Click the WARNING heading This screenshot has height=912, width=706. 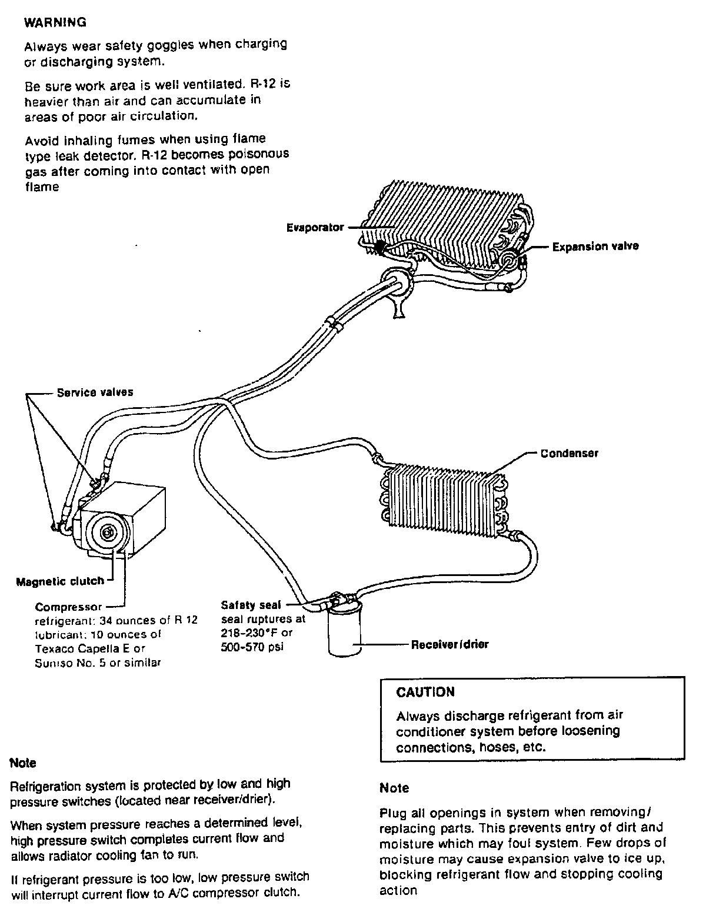[54, 23]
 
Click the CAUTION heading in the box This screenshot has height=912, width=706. [425, 692]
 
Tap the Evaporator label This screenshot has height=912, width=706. [315, 227]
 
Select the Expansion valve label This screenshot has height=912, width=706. [595, 247]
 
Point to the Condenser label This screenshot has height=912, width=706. [569, 454]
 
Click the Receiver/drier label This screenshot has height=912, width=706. [449, 644]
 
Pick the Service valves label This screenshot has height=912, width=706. [95, 392]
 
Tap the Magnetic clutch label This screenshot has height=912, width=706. [60, 581]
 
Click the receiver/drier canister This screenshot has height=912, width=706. [344, 630]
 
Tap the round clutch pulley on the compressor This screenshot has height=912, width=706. [108, 532]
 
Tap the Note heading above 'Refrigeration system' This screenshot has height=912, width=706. [23, 763]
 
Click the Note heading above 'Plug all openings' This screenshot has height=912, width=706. [394, 788]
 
